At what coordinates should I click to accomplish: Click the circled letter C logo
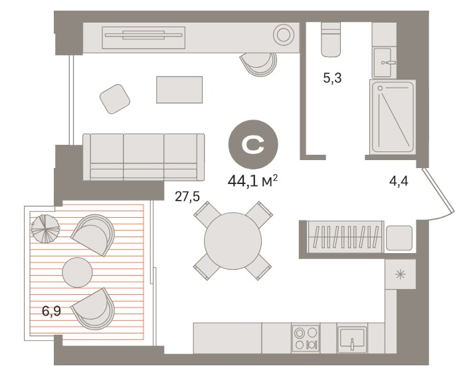click(x=253, y=145)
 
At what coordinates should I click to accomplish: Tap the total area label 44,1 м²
click(x=253, y=181)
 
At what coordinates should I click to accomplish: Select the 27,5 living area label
click(x=187, y=197)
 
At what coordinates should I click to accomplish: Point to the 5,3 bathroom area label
click(x=332, y=78)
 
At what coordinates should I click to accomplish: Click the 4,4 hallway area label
click(x=399, y=181)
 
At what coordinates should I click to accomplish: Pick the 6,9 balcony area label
click(x=51, y=312)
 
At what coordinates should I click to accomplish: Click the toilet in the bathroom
click(x=331, y=40)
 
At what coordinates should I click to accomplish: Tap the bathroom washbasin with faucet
click(x=384, y=62)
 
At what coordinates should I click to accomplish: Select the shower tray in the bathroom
click(x=393, y=117)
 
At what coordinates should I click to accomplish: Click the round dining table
click(x=233, y=240)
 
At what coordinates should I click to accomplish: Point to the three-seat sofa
click(x=143, y=157)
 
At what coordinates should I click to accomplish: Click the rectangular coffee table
click(x=179, y=90)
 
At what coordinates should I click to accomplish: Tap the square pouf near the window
click(x=114, y=99)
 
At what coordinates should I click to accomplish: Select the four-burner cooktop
click(x=306, y=338)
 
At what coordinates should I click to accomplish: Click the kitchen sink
click(x=352, y=338)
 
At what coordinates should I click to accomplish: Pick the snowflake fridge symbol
click(x=400, y=274)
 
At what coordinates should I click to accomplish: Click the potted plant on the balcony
click(x=45, y=229)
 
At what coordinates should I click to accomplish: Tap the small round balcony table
click(x=78, y=272)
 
